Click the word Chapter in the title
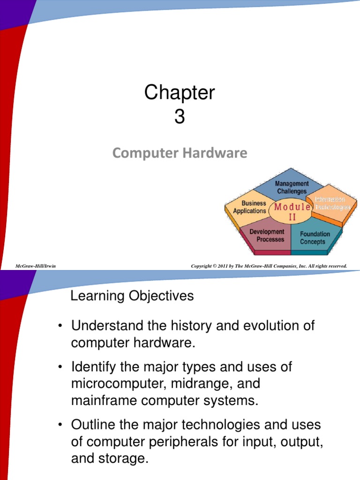pos(180,93)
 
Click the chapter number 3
pos(180,117)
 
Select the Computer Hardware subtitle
pos(180,153)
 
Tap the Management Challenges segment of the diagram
pos(292,187)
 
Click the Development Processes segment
pos(267,235)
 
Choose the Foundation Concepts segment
pos(315,238)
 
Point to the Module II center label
pos(292,211)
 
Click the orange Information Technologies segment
pos(333,203)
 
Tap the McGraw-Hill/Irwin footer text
pos(36,266)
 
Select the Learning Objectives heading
pos(132,296)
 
